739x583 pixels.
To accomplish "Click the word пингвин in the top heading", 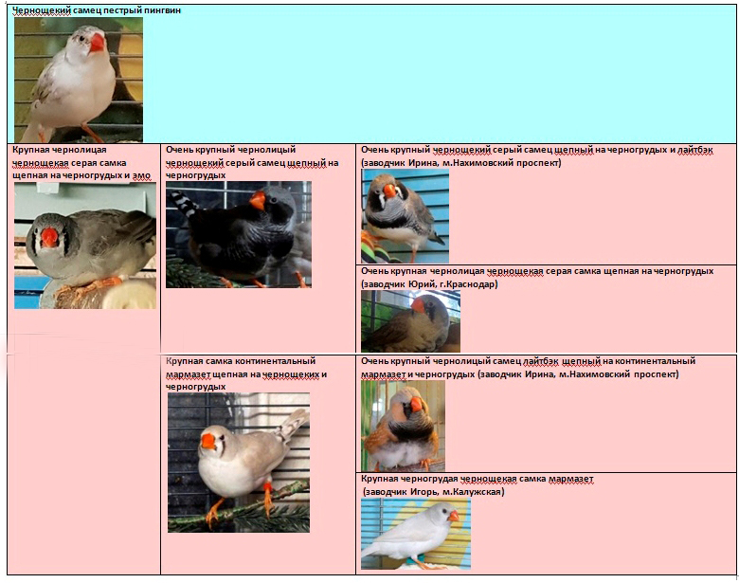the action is (163, 9).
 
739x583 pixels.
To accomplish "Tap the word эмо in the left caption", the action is (141, 176).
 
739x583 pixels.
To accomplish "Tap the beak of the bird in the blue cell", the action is (97, 43).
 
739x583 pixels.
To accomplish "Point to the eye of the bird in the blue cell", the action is (85, 39).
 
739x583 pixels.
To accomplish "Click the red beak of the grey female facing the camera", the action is (49, 237).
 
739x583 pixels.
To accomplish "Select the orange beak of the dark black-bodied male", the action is (258, 200).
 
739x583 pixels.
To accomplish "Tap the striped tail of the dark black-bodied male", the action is (185, 203).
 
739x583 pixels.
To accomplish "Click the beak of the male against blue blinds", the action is (389, 191).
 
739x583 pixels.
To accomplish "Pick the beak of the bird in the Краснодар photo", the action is (418, 305).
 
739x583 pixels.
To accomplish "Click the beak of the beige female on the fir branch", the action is (207, 442).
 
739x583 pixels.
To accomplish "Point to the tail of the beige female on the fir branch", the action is (293, 424).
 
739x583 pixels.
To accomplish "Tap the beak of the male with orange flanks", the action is (416, 404).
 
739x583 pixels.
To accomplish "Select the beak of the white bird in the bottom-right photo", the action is (453, 516).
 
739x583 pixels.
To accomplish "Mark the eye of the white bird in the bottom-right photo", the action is (443, 511).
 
